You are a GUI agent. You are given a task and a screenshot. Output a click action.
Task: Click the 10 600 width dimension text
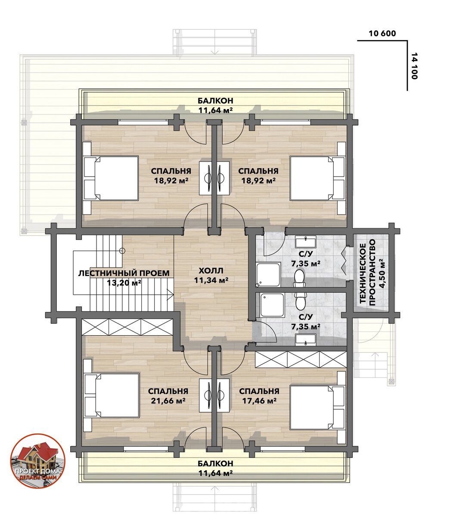point(382,34)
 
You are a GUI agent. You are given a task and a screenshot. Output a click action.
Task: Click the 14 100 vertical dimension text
point(414,66)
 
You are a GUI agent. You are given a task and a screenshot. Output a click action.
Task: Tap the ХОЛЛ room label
point(211,271)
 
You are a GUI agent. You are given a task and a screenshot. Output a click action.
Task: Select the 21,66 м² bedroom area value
point(168,401)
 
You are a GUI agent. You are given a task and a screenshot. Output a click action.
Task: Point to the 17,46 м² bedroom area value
point(259,401)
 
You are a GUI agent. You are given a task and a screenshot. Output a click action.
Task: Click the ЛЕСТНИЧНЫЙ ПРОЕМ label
point(124,273)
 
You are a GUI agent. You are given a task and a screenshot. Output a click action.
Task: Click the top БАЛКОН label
point(215,101)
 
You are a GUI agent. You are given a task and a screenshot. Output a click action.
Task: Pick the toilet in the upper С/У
point(299,278)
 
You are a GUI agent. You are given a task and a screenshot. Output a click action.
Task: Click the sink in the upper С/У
point(306,242)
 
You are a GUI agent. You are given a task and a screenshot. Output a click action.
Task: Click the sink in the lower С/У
point(306,340)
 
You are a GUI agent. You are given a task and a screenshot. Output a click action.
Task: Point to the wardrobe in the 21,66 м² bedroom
point(127,327)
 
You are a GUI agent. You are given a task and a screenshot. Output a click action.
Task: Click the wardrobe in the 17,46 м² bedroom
point(301,360)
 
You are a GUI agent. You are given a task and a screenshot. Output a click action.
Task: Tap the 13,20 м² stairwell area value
point(124,283)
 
